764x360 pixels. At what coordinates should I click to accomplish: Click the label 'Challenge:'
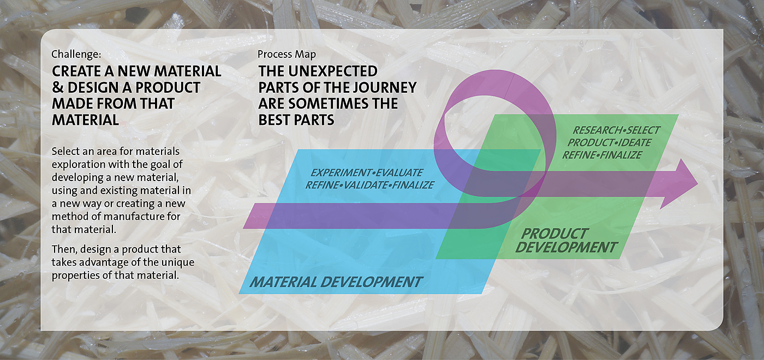point(76,54)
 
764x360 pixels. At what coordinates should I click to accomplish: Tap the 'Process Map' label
point(286,54)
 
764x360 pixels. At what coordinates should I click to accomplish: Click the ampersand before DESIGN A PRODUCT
point(58,87)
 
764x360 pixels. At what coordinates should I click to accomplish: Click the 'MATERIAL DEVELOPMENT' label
point(336,282)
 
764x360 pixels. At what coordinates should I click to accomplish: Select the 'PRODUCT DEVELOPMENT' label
point(566,241)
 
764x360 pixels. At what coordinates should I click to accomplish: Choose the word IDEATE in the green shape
point(634,142)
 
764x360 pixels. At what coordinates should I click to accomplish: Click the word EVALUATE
point(399,172)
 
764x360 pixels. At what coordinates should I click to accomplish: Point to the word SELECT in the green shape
point(643,130)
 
